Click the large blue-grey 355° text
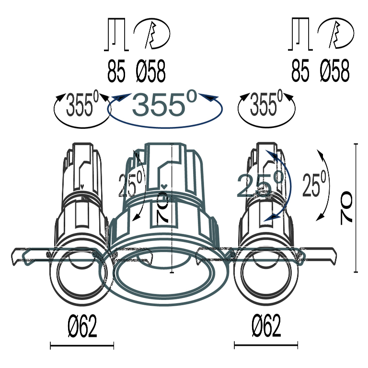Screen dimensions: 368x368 (164, 104)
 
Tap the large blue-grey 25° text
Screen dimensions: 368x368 (260, 185)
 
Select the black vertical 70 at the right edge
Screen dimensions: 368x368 (346, 208)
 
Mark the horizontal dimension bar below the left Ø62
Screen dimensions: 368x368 (82, 345)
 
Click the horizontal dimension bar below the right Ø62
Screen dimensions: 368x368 (266, 345)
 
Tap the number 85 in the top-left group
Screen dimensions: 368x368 (116, 72)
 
